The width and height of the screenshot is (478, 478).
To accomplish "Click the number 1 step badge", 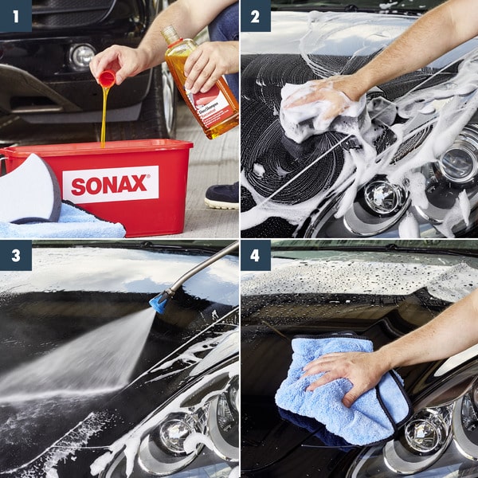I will (14, 15).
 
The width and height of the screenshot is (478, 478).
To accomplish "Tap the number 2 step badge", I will (256, 15).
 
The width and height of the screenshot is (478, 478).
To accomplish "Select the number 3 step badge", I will (14, 256).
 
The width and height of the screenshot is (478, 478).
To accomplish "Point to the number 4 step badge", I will (256, 256).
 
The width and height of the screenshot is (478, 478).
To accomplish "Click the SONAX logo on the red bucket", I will (110, 185).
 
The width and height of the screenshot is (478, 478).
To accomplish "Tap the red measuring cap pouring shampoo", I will (106, 78).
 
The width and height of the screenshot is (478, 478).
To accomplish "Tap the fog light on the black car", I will (81, 56).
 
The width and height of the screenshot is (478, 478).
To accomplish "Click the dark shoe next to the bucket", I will (221, 195).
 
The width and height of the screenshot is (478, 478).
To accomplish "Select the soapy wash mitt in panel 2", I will (319, 112).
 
